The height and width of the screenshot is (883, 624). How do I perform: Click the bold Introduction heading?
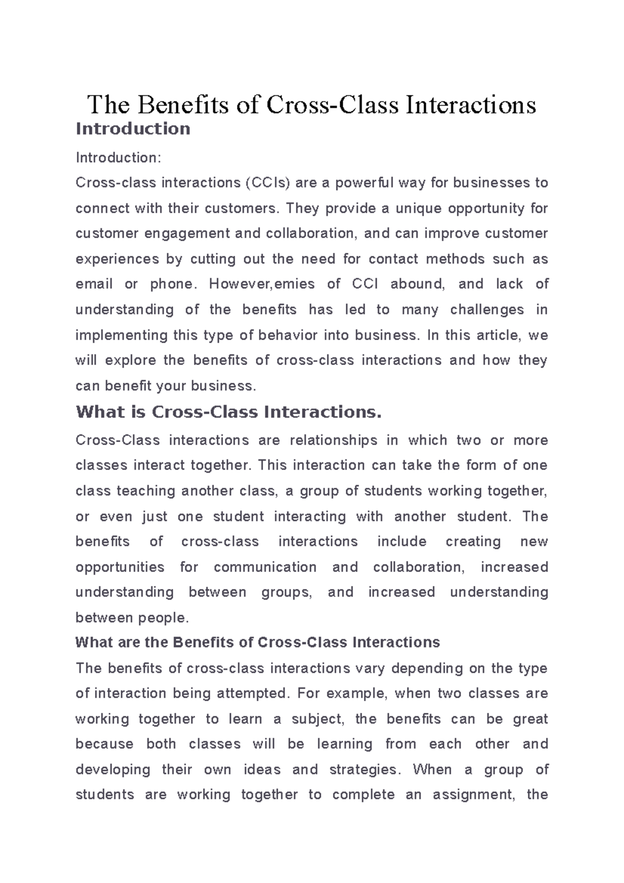point(133,129)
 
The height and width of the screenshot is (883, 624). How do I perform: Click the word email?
point(94,284)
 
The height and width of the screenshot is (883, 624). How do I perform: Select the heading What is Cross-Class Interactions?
point(229,412)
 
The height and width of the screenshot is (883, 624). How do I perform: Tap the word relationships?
point(333,440)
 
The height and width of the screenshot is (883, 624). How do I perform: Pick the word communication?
point(265,567)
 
